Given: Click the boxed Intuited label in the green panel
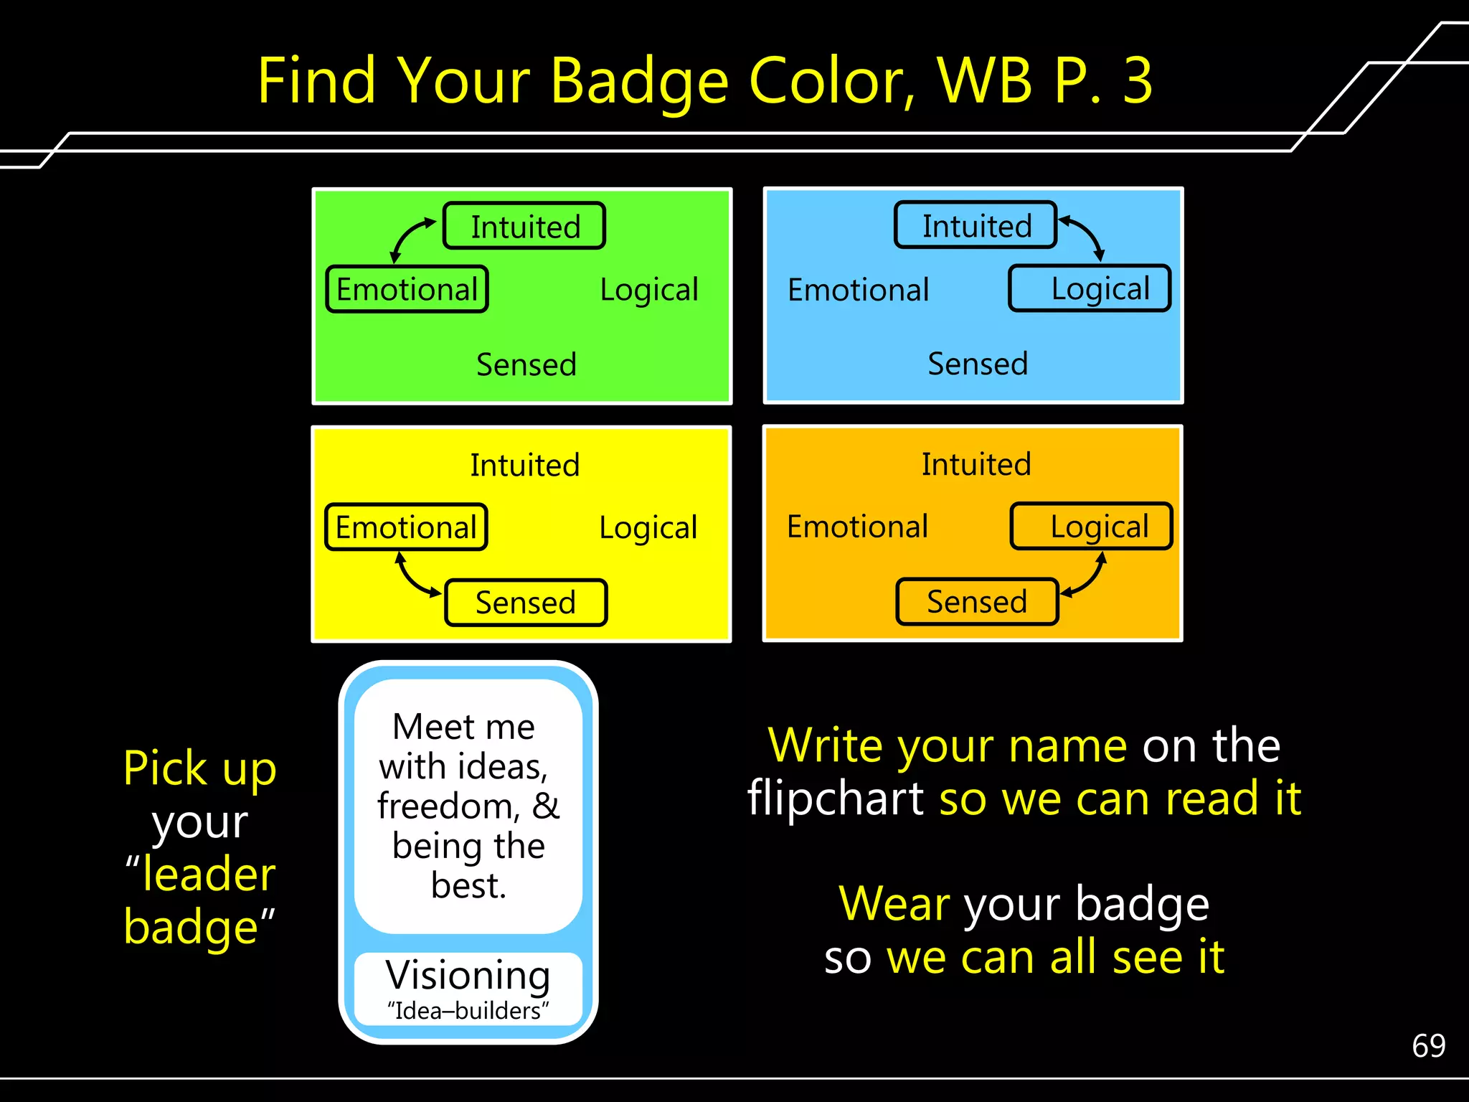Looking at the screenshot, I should (x=524, y=226).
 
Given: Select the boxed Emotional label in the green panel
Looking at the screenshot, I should (x=407, y=289).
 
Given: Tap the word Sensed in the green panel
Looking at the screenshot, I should (x=526, y=364).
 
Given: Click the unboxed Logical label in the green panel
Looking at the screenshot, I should (x=649, y=290).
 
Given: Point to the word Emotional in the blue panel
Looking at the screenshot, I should (x=858, y=290).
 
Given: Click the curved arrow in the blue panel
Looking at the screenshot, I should (x=1085, y=235).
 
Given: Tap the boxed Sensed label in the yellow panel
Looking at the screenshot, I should (x=526, y=603).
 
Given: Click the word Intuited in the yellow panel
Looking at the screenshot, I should (x=524, y=465).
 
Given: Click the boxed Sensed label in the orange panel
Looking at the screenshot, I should (x=977, y=601).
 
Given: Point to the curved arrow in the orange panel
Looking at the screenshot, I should (x=1087, y=578).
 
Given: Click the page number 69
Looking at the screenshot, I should (x=1428, y=1045).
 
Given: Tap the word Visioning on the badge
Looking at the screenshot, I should (x=468, y=975).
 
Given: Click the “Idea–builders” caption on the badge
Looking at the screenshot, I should (x=468, y=1011).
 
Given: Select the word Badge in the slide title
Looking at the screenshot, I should (x=640, y=82).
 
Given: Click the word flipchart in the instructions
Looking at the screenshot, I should (x=835, y=798).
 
